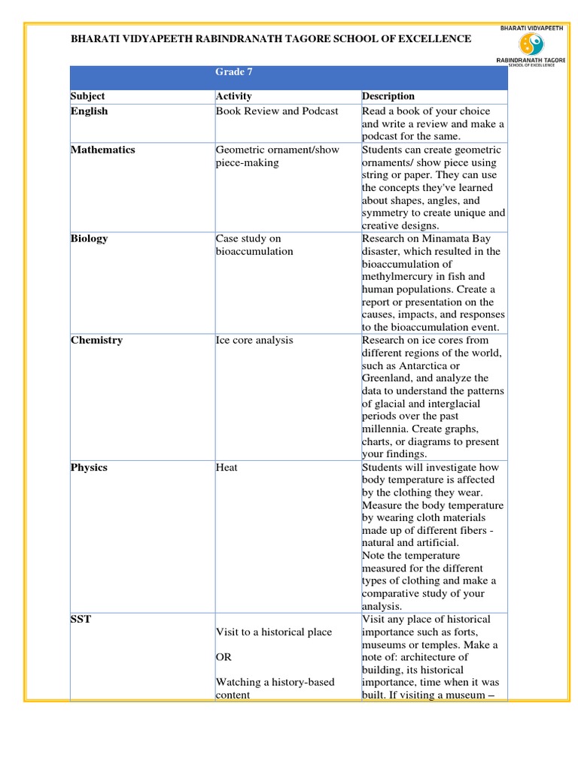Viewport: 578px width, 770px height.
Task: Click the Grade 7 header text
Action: [x=230, y=71]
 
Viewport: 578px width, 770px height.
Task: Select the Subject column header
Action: [x=88, y=96]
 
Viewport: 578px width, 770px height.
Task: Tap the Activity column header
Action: [x=233, y=96]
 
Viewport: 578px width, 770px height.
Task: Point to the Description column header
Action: [x=388, y=96]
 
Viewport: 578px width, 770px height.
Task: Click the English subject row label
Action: [x=89, y=111]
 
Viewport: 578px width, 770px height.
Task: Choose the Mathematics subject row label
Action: [x=103, y=150]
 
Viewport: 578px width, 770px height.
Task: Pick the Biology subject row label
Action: [x=89, y=238]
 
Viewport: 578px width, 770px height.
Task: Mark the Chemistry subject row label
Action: [x=96, y=340]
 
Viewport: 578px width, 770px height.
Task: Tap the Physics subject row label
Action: [x=89, y=468]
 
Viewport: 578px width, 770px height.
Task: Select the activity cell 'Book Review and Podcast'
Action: [x=277, y=111]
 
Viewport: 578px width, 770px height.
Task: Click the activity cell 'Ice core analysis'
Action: [x=254, y=340]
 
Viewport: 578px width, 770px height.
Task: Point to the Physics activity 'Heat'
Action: [x=227, y=468]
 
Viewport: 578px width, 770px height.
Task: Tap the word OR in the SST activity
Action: [x=224, y=657]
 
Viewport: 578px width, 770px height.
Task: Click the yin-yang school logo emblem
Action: [x=531, y=44]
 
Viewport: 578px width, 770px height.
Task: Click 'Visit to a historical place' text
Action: [x=274, y=632]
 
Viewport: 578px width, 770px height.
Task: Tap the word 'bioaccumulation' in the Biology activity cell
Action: [x=254, y=251]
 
